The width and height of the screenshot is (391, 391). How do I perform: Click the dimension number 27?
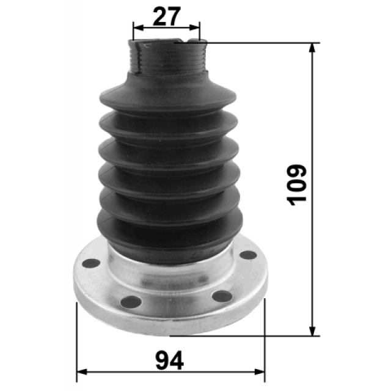pyautogui.click(x=166, y=16)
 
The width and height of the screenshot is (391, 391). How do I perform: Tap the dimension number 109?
pyautogui.click(x=296, y=185)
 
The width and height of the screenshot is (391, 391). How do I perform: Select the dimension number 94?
pyautogui.click(x=170, y=360)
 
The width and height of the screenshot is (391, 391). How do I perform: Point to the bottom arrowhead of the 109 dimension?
pyautogui.click(x=312, y=331)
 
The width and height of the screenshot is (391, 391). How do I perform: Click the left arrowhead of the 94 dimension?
pyautogui.click(x=82, y=372)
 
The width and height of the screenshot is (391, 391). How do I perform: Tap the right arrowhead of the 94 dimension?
pyautogui.click(x=260, y=372)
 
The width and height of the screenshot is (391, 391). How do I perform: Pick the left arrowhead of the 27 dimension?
pyautogui.click(x=139, y=27)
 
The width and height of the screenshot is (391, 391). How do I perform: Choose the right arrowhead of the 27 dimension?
pyautogui.click(x=194, y=27)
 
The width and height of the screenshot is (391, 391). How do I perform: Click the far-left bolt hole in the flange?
pyautogui.click(x=91, y=263)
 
